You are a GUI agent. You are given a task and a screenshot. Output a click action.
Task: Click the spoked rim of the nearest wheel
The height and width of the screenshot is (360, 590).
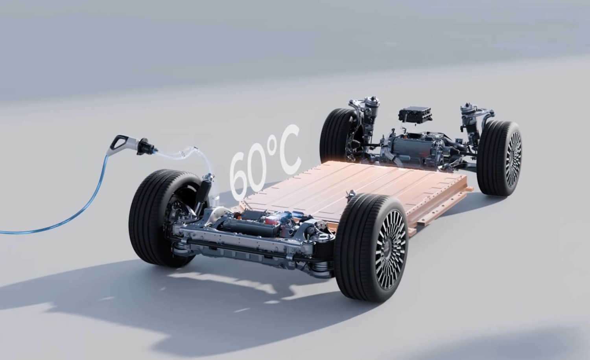coord(390,253)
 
